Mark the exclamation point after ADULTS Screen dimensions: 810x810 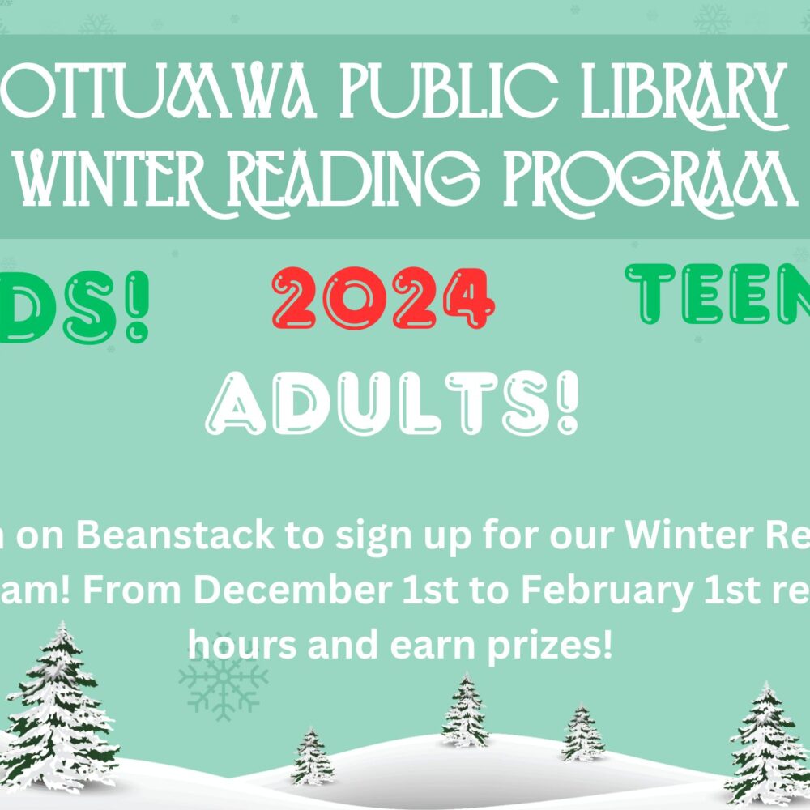pyautogui.click(x=569, y=402)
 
